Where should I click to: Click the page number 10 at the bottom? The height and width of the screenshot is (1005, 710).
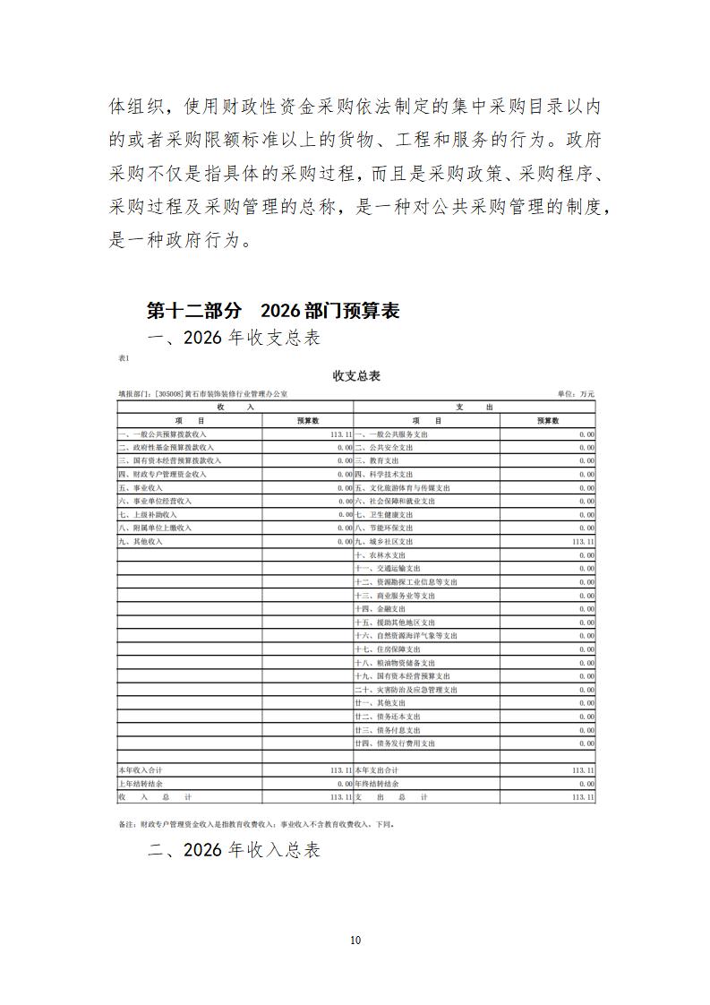355,940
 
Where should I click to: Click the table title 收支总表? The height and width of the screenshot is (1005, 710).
355,375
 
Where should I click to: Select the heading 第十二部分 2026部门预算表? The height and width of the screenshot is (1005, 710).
273,311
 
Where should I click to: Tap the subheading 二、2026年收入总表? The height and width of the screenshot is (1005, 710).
234,850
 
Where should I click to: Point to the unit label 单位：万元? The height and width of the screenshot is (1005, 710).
576,394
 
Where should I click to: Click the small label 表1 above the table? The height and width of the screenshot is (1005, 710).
124,358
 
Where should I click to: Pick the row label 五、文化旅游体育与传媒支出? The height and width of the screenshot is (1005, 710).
402,488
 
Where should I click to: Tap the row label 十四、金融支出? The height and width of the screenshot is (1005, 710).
384,609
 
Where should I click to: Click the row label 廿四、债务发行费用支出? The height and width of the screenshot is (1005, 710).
395,743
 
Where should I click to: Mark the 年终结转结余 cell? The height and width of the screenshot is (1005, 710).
377,784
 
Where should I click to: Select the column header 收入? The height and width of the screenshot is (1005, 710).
235,407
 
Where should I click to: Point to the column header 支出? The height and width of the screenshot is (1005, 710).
475,407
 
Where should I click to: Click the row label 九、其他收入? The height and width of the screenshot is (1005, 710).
141,542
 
